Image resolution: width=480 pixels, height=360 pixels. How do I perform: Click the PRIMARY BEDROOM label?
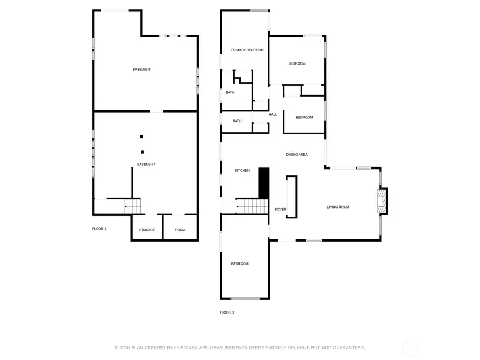coord(247,50)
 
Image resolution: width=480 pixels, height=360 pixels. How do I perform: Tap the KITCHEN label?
coord(242,170)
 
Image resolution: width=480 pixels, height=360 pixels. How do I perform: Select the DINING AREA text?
coord(297,155)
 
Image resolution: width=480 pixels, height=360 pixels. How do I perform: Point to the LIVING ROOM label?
coord(338,207)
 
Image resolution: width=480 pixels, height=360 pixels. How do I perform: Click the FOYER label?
coord(281,210)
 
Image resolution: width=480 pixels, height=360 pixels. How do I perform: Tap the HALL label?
coord(273,114)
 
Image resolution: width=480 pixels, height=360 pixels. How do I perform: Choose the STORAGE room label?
coord(147,230)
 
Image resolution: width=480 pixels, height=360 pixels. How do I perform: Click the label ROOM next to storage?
coord(180,230)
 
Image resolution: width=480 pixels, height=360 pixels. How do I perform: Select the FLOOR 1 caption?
coord(99,229)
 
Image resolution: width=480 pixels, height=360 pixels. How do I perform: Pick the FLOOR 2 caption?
coord(227,313)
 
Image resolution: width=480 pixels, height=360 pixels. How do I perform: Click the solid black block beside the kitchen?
coord(263,182)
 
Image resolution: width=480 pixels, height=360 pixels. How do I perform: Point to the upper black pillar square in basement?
coord(142,136)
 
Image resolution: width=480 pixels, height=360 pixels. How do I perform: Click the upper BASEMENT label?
coord(141,70)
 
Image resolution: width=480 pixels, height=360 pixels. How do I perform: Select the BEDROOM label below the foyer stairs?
coord(239,263)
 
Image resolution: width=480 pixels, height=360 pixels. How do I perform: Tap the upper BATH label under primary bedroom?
coord(230,92)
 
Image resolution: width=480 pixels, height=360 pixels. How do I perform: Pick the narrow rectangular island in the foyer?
coord(292,197)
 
